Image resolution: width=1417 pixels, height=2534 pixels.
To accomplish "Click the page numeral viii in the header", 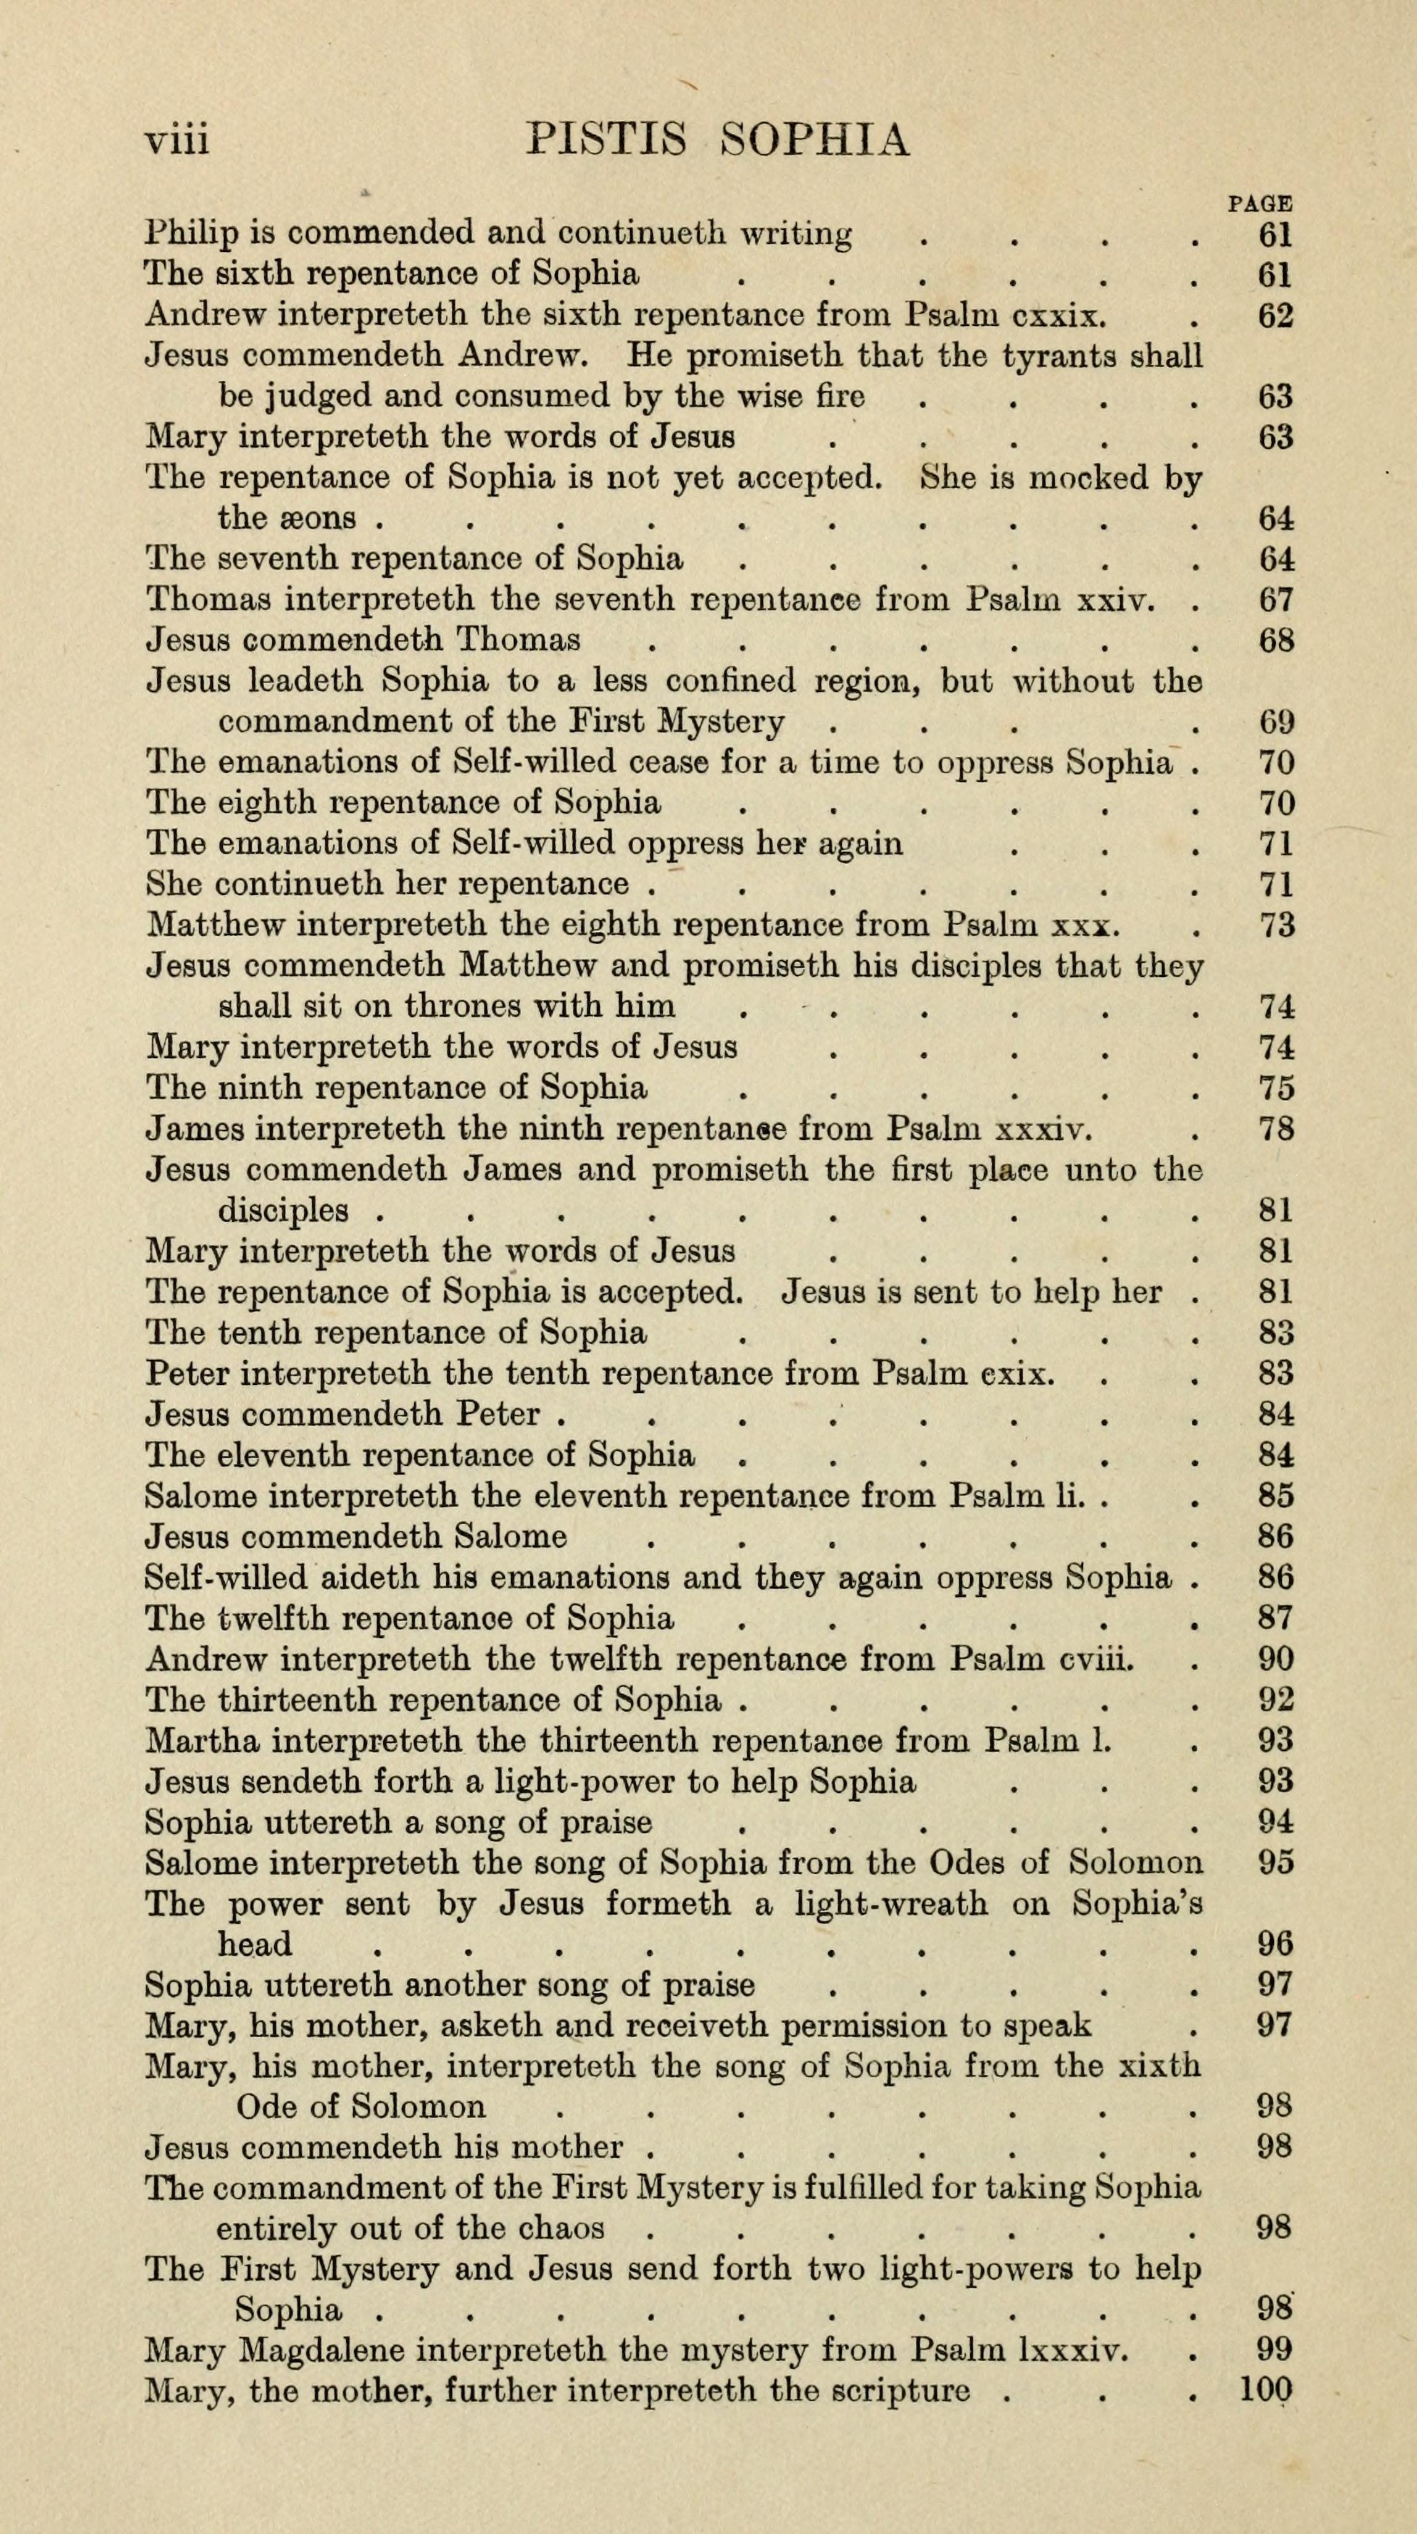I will (x=177, y=139).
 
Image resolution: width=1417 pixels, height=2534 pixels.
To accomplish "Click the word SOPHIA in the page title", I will (x=815, y=139).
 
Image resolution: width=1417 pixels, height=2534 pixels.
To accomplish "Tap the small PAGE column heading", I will (x=1260, y=204).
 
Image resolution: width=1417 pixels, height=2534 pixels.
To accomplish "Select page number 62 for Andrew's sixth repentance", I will (x=1275, y=316).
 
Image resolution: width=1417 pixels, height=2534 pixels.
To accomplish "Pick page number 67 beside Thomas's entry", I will (x=1275, y=599).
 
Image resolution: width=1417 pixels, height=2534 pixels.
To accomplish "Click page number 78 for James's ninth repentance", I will (x=1275, y=1128).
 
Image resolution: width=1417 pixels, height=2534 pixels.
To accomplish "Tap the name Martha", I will (x=202, y=1740).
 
